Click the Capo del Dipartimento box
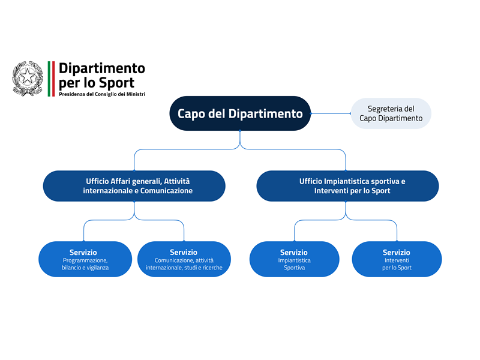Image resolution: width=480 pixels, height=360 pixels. pos(240,113)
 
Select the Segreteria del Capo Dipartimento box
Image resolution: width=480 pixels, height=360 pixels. pos(391,113)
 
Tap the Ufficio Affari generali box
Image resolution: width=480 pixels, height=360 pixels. pos(134,185)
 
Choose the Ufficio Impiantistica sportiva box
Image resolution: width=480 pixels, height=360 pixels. pos(347,185)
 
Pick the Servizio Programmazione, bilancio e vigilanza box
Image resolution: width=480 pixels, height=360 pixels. pos(85,259)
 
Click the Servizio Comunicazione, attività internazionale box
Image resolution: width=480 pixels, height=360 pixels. pos(184,259)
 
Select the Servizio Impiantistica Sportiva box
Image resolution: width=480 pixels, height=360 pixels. pos(294,259)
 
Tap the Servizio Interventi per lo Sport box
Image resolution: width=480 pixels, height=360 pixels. pos(397,259)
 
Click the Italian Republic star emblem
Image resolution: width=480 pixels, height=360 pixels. pos(28,78)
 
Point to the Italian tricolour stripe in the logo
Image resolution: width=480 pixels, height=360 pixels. pos(51,78)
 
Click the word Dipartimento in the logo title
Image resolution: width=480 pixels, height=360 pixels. pos(102,68)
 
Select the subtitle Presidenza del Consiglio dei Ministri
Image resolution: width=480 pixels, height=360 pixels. pos(102,94)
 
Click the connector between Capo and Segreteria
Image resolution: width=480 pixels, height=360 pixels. pos(331,113)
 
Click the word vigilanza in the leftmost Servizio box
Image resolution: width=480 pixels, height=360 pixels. pos(97,268)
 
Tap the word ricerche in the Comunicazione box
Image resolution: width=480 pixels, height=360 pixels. pos(210,268)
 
